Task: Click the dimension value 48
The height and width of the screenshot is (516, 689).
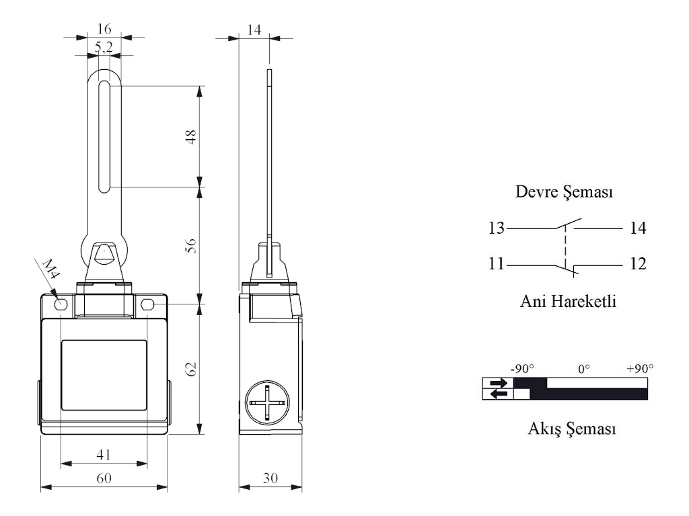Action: click(191, 137)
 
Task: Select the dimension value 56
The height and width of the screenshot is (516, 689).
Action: click(191, 246)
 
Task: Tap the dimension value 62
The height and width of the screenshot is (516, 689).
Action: click(191, 369)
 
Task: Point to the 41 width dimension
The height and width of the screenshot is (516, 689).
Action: click(104, 454)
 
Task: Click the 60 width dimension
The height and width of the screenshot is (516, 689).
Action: click(104, 478)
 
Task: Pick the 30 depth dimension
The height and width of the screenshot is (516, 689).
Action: click(270, 478)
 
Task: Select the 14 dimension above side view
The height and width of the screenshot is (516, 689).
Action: click(254, 30)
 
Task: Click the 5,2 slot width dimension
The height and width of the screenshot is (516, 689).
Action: click(104, 47)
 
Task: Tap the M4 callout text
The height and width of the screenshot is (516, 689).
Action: click(50, 269)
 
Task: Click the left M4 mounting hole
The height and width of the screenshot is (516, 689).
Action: click(61, 304)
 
